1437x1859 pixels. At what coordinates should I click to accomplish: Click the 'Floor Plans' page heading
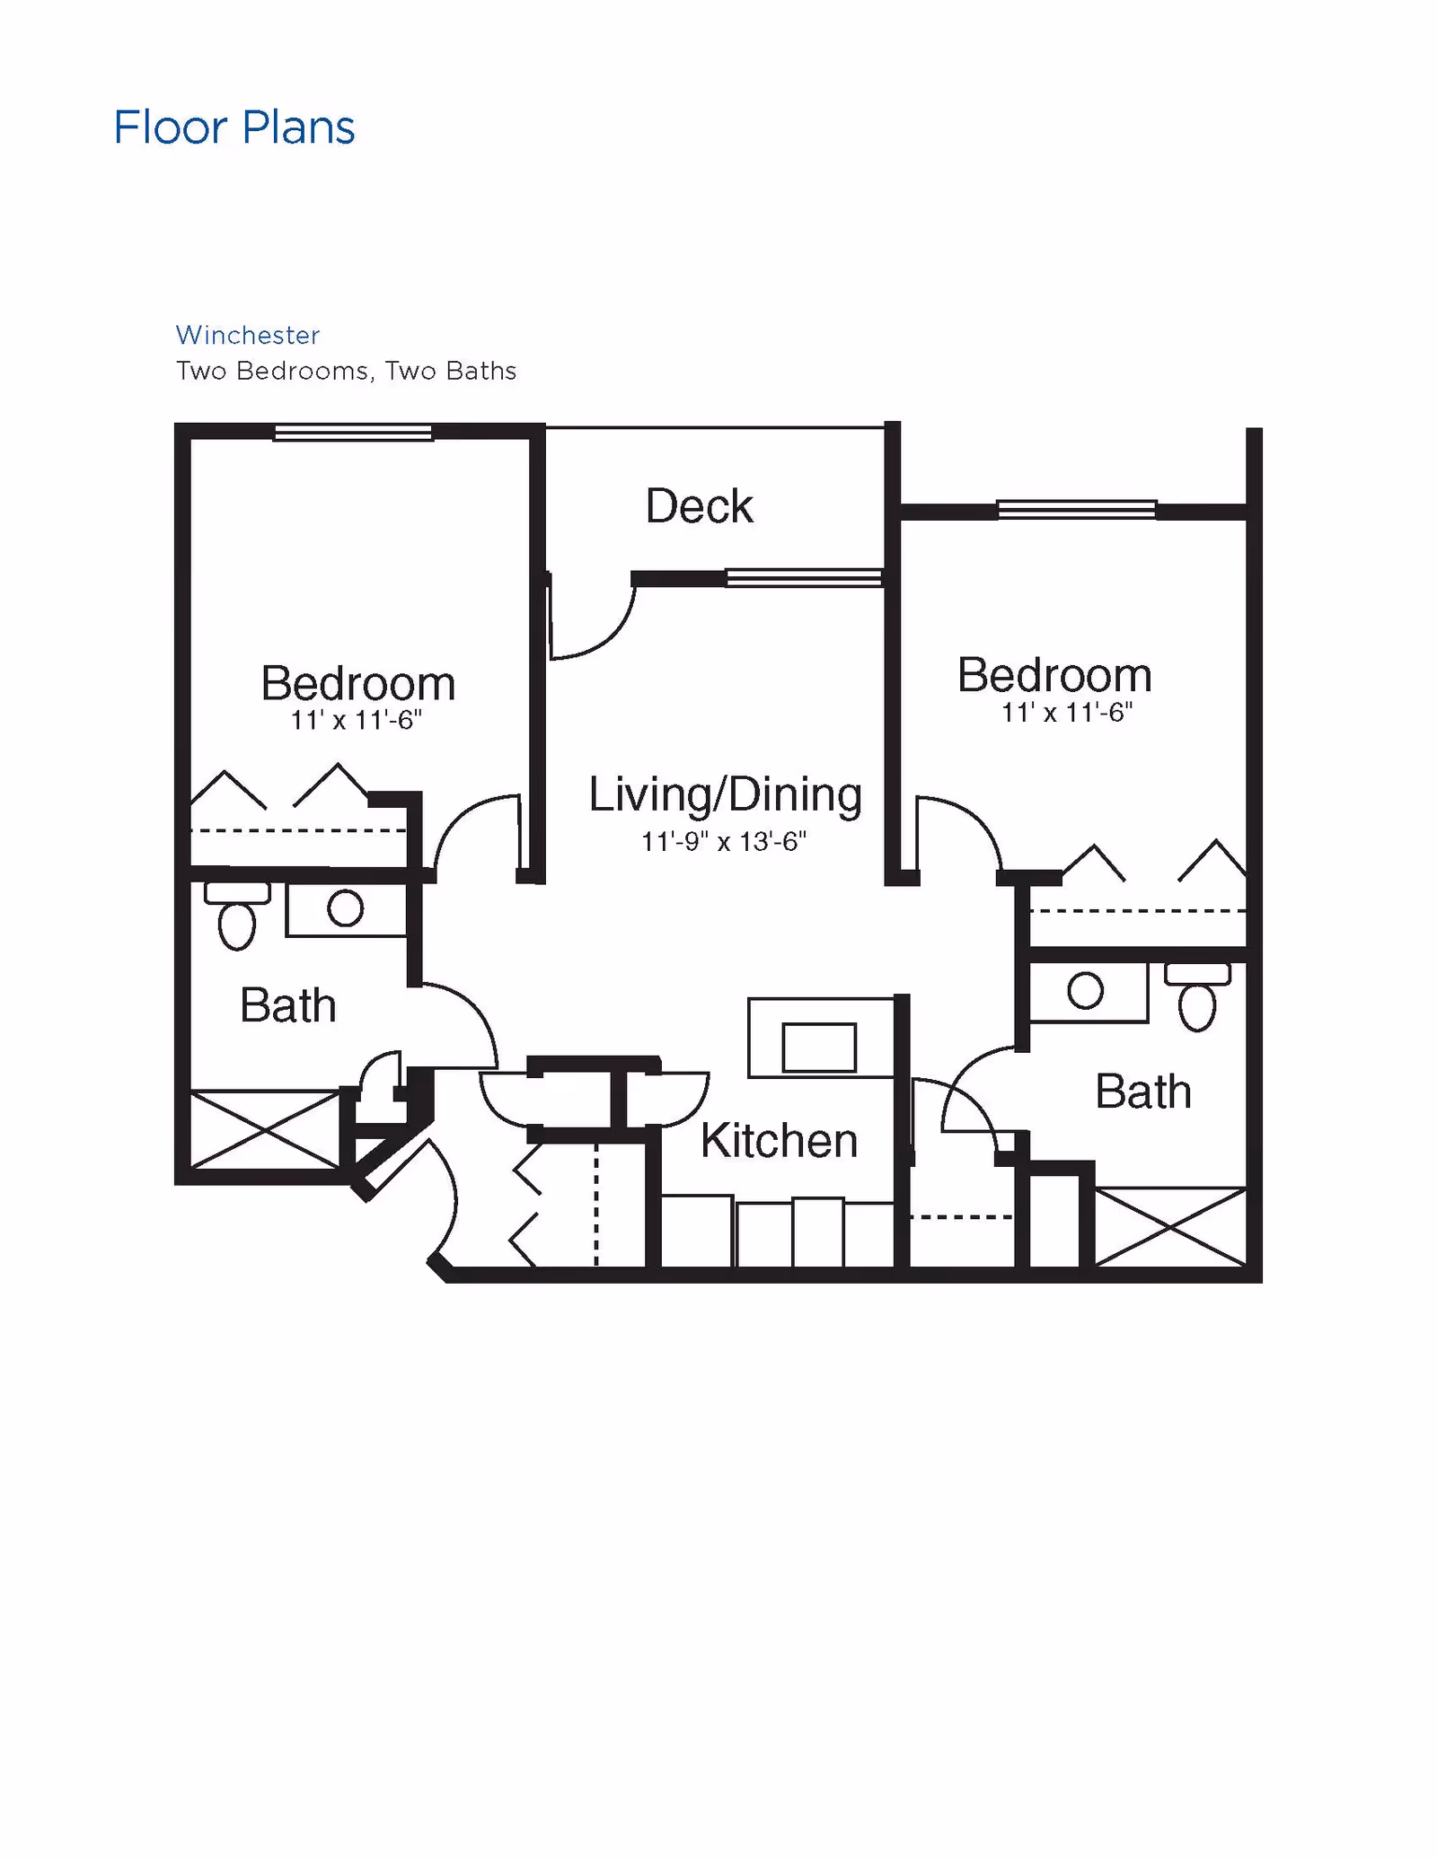(x=234, y=127)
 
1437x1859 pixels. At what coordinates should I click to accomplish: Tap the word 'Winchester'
(x=248, y=335)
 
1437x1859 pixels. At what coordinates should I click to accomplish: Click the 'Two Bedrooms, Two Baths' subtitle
(x=346, y=371)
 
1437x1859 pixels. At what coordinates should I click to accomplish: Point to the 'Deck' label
(x=699, y=506)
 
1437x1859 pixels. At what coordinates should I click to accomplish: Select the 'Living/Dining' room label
(x=725, y=794)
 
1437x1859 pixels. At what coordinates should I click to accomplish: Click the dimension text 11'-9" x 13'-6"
(x=723, y=842)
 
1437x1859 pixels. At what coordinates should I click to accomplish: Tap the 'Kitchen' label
(x=779, y=1141)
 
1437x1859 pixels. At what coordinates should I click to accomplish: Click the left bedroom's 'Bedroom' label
(x=358, y=683)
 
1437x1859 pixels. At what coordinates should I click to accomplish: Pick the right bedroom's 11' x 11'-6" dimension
(x=1066, y=713)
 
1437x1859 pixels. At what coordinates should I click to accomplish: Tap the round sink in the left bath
(x=346, y=908)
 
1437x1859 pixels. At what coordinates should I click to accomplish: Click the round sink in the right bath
(x=1085, y=991)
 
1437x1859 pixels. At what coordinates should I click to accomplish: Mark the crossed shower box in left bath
(x=265, y=1129)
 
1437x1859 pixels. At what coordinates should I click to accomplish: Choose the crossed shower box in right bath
(x=1170, y=1227)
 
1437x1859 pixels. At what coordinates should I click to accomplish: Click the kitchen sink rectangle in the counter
(x=819, y=1048)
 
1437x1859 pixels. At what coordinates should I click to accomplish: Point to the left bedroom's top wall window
(x=353, y=433)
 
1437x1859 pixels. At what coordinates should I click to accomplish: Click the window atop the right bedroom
(x=1076, y=510)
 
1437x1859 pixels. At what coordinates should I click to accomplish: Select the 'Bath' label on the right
(x=1142, y=1092)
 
